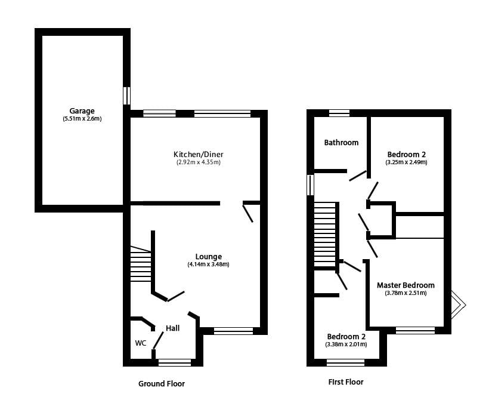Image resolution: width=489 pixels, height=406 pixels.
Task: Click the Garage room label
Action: (x=82, y=111)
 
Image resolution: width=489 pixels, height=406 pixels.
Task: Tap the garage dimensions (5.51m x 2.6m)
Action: (x=82, y=119)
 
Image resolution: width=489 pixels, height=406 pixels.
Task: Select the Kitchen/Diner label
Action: (x=199, y=154)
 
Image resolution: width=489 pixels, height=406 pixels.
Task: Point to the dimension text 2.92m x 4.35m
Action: (x=199, y=162)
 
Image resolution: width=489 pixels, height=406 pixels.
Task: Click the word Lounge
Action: (x=209, y=257)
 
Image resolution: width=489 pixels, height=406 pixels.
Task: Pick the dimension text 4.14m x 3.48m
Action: (x=208, y=264)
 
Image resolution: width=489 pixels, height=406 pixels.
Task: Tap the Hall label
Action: (x=172, y=328)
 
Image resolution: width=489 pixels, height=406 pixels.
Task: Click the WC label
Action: (x=140, y=343)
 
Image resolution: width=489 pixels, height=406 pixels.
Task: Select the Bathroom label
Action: (x=341, y=143)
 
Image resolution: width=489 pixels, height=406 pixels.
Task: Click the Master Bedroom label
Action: (x=406, y=285)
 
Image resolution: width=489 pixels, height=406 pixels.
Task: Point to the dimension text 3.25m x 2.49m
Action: (x=406, y=162)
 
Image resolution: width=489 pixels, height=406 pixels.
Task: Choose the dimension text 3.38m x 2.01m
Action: (x=346, y=345)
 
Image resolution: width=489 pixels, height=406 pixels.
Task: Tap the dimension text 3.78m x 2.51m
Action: (x=406, y=293)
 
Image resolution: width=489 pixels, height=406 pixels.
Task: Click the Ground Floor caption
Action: (x=162, y=383)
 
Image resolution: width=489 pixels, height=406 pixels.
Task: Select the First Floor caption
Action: (x=346, y=382)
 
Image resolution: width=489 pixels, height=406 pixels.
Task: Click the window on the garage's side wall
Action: (x=126, y=96)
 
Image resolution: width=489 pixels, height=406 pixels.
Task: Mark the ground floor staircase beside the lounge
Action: (x=141, y=263)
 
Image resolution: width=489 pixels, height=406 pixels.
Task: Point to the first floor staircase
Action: (x=325, y=234)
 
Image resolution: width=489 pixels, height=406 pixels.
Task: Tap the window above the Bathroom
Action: (x=339, y=113)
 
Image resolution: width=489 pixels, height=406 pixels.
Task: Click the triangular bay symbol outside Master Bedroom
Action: (x=458, y=304)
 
